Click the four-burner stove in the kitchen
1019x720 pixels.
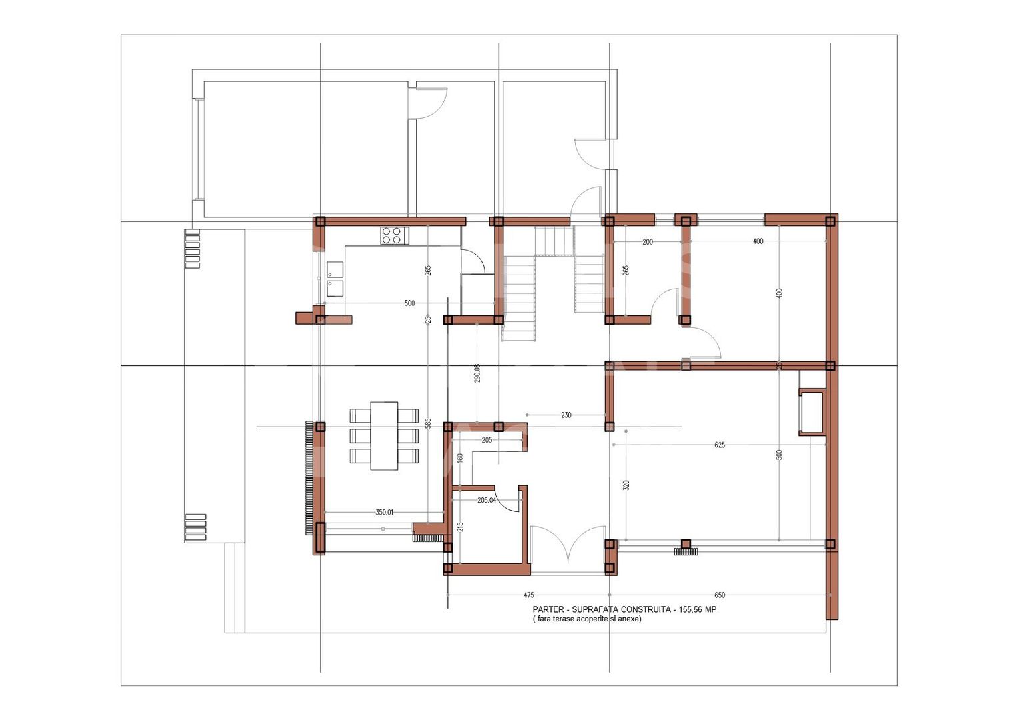(x=394, y=235)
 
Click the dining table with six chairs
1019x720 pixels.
(x=384, y=435)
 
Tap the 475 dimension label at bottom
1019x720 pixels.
(x=528, y=595)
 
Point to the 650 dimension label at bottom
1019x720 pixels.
(x=720, y=595)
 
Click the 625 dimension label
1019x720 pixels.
(x=719, y=445)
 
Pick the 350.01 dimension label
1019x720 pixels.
(x=384, y=513)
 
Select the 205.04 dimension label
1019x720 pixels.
(x=487, y=500)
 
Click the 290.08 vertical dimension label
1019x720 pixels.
(x=477, y=373)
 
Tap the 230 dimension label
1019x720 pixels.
(x=566, y=415)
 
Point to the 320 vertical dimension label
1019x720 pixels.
(x=626, y=485)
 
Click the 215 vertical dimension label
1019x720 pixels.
(x=460, y=527)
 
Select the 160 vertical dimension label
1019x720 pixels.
(x=460, y=459)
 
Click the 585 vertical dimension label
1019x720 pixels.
(x=429, y=423)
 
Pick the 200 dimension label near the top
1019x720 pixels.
(x=648, y=242)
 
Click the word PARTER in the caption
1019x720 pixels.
(x=546, y=609)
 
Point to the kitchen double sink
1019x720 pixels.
(x=335, y=279)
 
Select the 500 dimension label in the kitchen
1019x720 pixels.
(x=409, y=303)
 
